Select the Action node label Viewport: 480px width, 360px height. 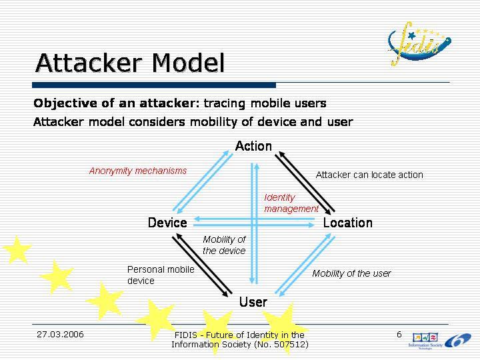click(253, 146)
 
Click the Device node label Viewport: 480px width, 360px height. click(167, 223)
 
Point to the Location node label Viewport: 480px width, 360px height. click(347, 223)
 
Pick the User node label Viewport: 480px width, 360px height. click(253, 302)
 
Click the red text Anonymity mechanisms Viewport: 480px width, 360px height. click(138, 171)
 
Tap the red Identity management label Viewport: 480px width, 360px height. click(291, 203)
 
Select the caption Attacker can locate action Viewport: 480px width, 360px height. click(369, 175)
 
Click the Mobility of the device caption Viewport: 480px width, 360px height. click(224, 245)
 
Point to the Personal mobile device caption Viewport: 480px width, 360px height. click(161, 275)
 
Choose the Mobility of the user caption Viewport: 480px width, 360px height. click(351, 273)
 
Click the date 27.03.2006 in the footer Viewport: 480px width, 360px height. click(60, 334)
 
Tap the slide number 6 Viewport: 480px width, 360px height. click(399, 334)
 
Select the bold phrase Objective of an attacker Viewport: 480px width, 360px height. click(116, 103)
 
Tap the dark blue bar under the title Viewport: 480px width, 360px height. click(154, 85)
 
